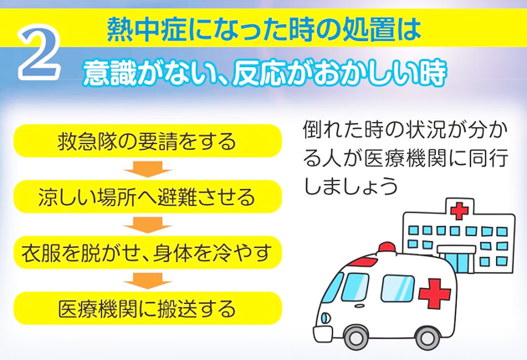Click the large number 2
[x=39, y=52]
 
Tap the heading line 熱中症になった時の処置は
[x=263, y=29]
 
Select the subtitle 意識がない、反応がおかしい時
[x=264, y=74]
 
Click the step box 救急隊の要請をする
[x=147, y=141]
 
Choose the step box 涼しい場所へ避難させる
[x=147, y=197]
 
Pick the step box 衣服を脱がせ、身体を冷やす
[x=147, y=252]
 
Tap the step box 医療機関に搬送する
[x=147, y=308]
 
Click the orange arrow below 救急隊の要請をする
[x=147, y=169]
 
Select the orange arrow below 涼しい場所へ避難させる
[x=147, y=224]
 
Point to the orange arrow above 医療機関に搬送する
[x=147, y=280]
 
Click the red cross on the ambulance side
[x=434, y=293]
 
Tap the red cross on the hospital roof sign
[x=459, y=211]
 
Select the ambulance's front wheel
[x=356, y=337]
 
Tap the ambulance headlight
[x=325, y=318]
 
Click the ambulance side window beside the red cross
[x=397, y=288]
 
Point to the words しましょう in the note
[x=350, y=185]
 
